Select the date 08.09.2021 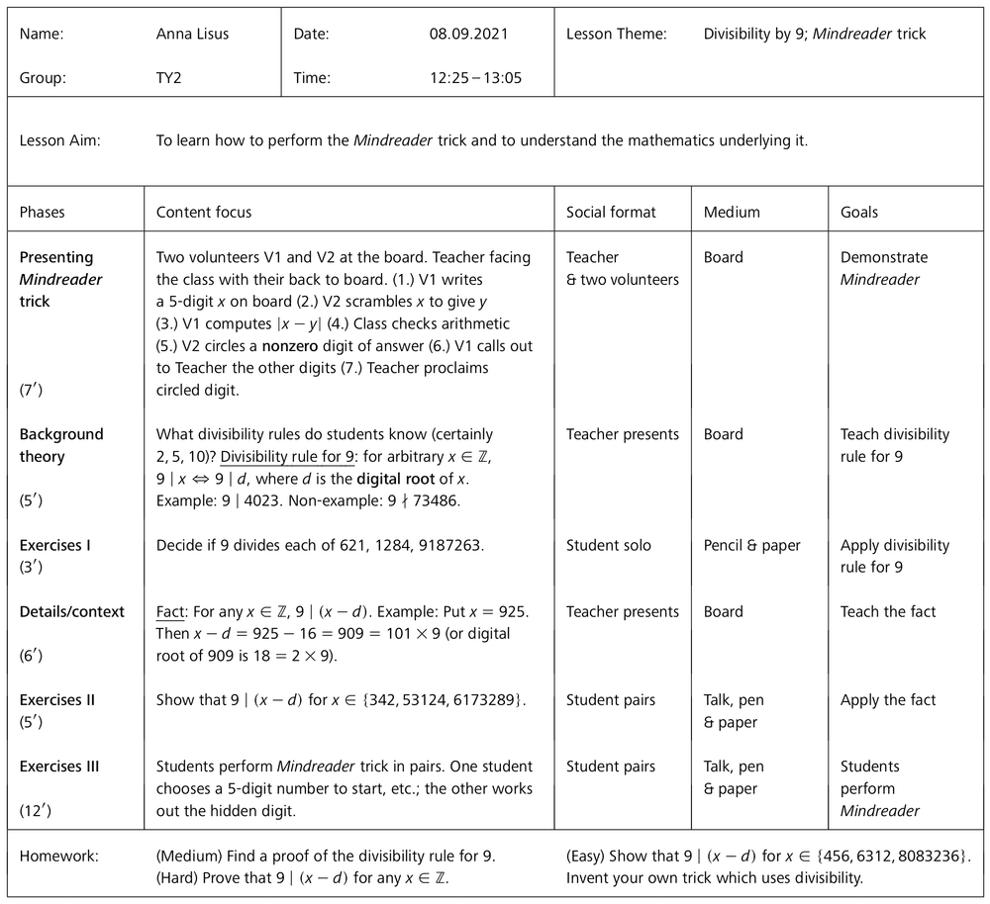click(468, 34)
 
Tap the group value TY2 click(170, 77)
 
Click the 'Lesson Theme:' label click(616, 34)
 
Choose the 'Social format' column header click(611, 212)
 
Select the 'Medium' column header click(732, 212)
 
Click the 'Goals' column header click(859, 212)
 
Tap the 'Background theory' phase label click(61, 445)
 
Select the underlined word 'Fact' click(170, 611)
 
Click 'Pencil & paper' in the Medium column click(752, 545)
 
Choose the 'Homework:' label click(59, 856)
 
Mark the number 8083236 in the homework click(929, 856)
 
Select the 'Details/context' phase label click(72, 611)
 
